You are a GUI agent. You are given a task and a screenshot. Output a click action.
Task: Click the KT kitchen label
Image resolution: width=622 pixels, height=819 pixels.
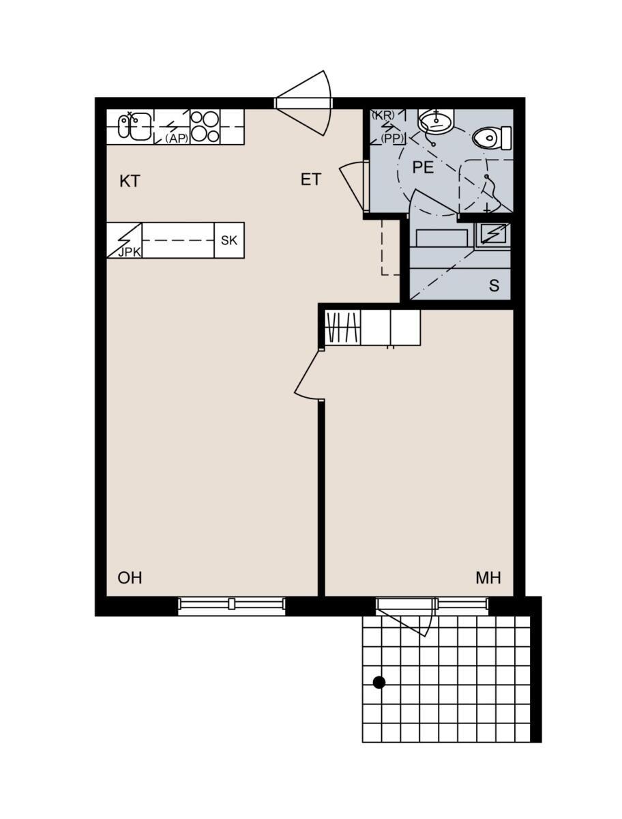(130, 181)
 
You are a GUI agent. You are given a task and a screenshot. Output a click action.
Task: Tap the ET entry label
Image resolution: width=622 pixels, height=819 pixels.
(311, 179)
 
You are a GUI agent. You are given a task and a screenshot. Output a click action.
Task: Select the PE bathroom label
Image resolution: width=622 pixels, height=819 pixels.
(423, 167)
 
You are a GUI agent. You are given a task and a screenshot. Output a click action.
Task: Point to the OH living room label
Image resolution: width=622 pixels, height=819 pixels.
(130, 577)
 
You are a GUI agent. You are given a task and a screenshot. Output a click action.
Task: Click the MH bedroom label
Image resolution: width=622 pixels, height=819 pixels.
(488, 577)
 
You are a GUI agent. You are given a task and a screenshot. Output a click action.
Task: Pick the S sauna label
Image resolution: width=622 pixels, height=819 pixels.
(494, 285)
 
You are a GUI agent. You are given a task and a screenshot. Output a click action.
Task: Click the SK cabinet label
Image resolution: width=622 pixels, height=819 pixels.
(229, 240)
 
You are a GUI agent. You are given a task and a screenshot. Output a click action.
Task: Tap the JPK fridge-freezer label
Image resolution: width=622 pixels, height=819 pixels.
(130, 253)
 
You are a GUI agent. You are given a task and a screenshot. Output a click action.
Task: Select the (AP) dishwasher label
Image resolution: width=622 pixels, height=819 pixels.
(177, 139)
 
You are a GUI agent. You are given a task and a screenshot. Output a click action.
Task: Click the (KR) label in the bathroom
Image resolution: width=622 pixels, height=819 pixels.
(383, 115)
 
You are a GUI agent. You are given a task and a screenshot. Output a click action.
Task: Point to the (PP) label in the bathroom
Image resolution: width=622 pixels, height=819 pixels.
(392, 139)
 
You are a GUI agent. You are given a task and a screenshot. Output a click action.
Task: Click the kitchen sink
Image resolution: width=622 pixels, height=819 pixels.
(134, 127)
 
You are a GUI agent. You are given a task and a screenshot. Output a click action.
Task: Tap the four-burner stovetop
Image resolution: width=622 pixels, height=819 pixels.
(205, 127)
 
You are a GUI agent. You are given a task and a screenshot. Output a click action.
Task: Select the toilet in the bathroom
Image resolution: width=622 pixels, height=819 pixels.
(492, 138)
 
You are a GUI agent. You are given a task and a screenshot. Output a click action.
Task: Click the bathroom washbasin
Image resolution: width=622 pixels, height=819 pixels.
(436, 120)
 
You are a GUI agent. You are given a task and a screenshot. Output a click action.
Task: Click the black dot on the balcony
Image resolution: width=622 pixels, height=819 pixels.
(379, 682)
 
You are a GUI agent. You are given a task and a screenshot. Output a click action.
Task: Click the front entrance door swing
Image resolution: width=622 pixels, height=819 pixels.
(303, 103)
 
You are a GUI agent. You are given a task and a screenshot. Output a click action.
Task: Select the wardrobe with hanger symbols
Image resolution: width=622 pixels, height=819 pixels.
(343, 327)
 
